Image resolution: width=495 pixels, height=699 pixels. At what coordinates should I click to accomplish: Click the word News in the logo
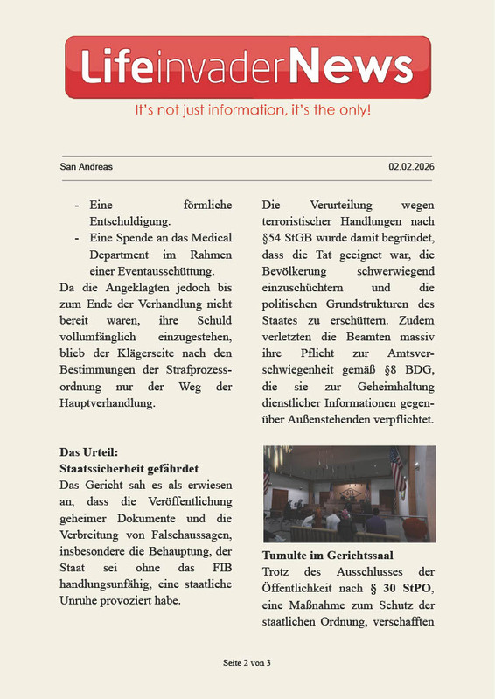[x=351, y=66]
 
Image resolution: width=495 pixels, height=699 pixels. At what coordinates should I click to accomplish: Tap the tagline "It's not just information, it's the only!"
[x=252, y=111]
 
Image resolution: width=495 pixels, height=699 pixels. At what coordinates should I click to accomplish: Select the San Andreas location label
[x=86, y=166]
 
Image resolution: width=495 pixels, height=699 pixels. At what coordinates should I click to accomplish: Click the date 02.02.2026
[x=411, y=166]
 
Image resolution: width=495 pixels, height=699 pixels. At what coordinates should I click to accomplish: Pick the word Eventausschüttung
[x=164, y=271]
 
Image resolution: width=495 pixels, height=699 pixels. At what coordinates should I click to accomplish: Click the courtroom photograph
[x=348, y=493]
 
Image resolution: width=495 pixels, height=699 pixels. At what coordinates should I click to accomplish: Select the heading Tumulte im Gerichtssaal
[x=327, y=556]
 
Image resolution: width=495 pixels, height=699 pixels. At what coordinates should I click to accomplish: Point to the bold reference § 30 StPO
[x=400, y=589]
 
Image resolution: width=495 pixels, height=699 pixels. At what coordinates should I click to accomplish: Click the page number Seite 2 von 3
[x=247, y=663]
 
